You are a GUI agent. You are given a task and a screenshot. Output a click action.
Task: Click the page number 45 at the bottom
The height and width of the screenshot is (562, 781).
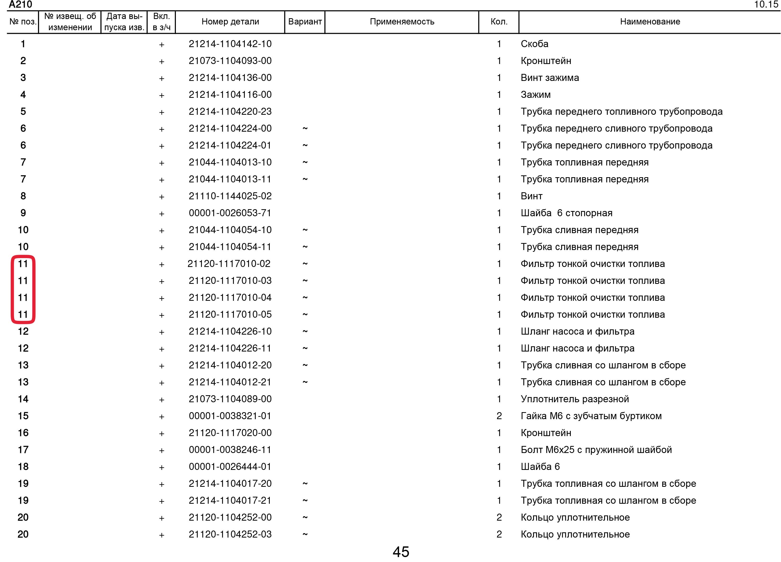pyautogui.click(x=401, y=552)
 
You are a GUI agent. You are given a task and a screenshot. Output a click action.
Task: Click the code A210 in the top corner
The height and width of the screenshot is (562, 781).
pyautogui.click(x=20, y=4)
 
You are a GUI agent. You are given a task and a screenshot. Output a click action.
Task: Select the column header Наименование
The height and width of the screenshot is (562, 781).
pyautogui.click(x=650, y=22)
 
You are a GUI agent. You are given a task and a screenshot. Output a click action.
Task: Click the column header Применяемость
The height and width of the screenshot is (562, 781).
pyautogui.click(x=402, y=22)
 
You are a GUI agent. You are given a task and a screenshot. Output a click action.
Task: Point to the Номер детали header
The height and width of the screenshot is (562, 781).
pyautogui.click(x=230, y=22)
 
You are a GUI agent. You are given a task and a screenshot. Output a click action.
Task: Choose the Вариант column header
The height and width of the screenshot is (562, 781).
pyautogui.click(x=305, y=22)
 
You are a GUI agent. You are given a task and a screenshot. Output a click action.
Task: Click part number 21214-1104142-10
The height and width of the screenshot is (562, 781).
pyautogui.click(x=230, y=44)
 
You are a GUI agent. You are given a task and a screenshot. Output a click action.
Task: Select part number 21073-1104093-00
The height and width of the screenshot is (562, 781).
pyautogui.click(x=230, y=61)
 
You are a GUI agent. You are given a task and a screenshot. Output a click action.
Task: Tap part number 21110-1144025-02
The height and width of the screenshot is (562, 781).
pyautogui.click(x=230, y=196)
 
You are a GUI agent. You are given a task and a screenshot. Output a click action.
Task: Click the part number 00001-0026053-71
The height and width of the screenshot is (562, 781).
pyautogui.click(x=230, y=213)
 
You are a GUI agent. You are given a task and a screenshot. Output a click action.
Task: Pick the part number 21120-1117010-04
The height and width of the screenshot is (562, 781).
pyautogui.click(x=230, y=298)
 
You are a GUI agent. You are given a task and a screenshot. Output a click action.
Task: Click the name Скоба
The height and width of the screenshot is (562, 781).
pyautogui.click(x=534, y=44)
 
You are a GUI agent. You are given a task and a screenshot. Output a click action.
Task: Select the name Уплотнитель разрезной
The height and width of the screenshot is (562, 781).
pyautogui.click(x=575, y=399)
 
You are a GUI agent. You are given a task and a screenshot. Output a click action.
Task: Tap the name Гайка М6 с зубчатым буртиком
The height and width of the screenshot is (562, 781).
pyautogui.click(x=591, y=416)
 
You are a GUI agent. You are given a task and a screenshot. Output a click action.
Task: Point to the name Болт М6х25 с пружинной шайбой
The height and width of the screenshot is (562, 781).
pyautogui.click(x=596, y=450)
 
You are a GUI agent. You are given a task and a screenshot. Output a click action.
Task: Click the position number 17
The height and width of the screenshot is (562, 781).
pyautogui.click(x=23, y=450)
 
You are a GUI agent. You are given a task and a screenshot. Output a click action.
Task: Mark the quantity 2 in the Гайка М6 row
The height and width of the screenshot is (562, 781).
pyautogui.click(x=499, y=416)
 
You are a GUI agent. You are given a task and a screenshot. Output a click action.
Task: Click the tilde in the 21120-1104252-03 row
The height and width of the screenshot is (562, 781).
pyautogui.click(x=305, y=534)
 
